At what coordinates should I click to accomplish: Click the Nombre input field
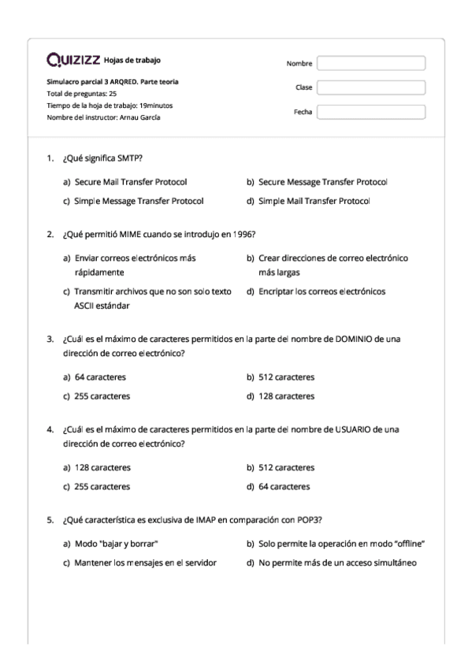pos(370,63)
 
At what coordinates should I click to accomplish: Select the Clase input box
pos(370,87)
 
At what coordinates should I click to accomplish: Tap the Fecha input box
pos(370,112)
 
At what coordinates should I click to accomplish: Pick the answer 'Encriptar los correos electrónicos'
pos(321,291)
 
